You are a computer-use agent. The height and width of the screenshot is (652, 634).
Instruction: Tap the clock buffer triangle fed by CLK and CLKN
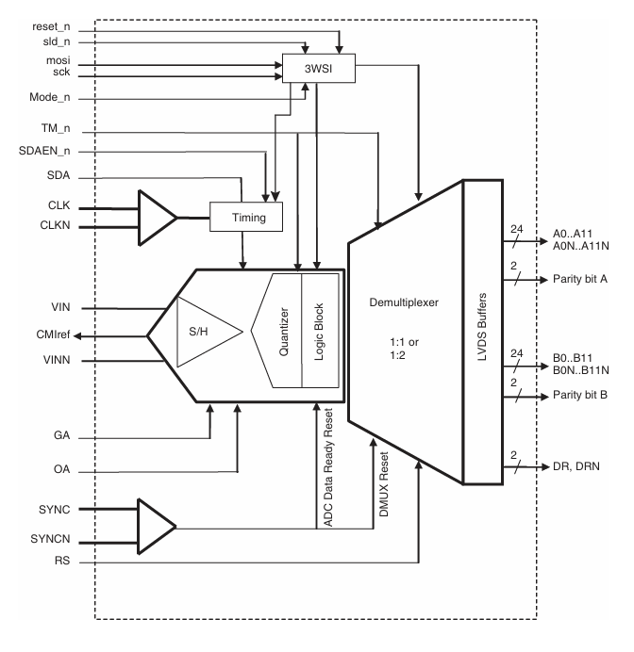click(156, 218)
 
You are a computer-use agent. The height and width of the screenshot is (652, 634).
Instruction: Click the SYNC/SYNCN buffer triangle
click(156, 527)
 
